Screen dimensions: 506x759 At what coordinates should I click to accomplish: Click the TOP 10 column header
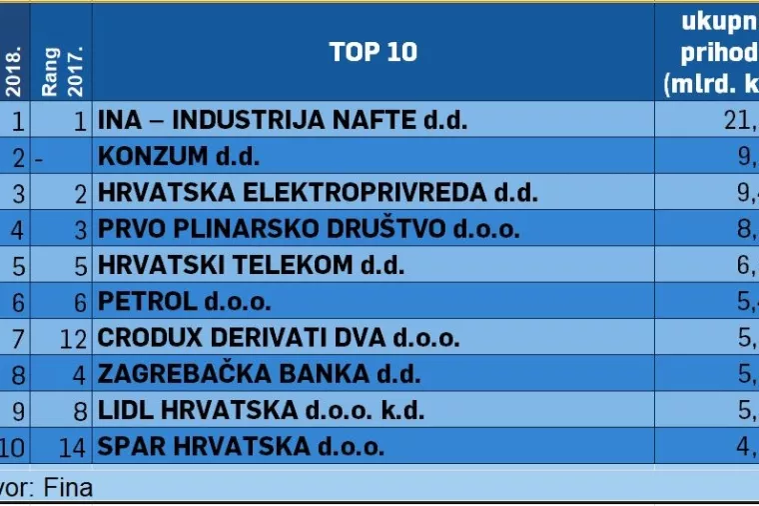(x=374, y=52)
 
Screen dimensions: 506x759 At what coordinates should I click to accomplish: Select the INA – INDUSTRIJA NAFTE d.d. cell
(x=283, y=121)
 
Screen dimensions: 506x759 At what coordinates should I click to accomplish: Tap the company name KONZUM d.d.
(x=179, y=157)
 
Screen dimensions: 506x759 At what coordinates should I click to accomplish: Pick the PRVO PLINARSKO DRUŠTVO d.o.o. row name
(x=309, y=229)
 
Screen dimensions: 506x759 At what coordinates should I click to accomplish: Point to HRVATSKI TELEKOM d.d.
(x=251, y=265)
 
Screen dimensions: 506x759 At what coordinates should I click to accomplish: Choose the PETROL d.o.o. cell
(x=185, y=301)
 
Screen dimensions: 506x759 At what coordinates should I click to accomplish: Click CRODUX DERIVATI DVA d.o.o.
(x=279, y=338)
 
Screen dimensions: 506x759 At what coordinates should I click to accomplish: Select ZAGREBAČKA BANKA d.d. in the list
(x=259, y=374)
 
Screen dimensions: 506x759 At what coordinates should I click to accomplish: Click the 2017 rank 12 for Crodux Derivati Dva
(x=74, y=338)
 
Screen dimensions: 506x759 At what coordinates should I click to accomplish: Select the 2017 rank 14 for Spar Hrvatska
(x=74, y=446)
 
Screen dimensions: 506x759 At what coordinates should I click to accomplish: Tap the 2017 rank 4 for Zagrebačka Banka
(x=81, y=374)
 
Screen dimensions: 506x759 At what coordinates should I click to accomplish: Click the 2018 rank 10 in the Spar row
(x=14, y=446)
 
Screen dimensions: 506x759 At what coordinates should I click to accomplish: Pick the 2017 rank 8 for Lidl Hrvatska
(x=81, y=410)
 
